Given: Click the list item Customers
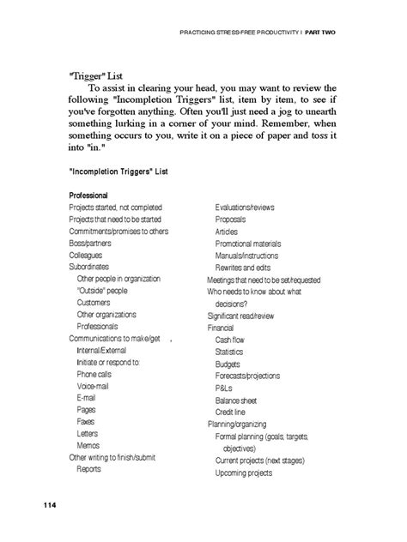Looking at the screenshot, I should pyautogui.click(x=94, y=303).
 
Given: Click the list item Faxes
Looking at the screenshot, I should pyautogui.click(x=86, y=422).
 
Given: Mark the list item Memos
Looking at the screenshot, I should pyautogui.click(x=88, y=446).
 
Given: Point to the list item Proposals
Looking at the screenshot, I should pyautogui.click(x=230, y=220).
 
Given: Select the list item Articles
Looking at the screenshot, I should pyautogui.click(x=227, y=232).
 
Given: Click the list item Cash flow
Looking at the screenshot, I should pyautogui.click(x=230, y=340).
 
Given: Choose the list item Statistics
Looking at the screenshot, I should pyautogui.click(x=229, y=352).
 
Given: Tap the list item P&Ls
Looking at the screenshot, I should pyautogui.click(x=223, y=388).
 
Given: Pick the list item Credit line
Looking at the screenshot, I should pyautogui.click(x=232, y=412).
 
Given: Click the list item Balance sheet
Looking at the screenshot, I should pyautogui.click(x=238, y=400).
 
